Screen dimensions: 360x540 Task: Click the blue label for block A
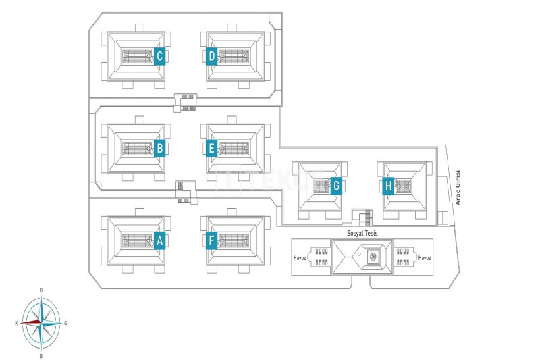click(160, 240)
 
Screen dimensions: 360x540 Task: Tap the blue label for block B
click(160, 148)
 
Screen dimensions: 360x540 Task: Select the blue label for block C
click(160, 56)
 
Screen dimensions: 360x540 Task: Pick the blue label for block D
click(211, 56)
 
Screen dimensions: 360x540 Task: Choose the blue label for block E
click(211, 148)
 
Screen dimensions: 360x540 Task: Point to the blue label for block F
click(211, 240)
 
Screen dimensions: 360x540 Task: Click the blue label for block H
click(388, 185)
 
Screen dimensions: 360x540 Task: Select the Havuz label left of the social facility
click(300, 257)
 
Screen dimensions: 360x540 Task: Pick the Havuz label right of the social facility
click(425, 257)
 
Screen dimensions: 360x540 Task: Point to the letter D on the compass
click(41, 290)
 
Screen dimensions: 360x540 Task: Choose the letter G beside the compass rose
click(65, 324)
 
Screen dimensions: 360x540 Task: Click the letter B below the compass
click(41, 355)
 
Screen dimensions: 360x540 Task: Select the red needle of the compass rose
click(30, 323)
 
